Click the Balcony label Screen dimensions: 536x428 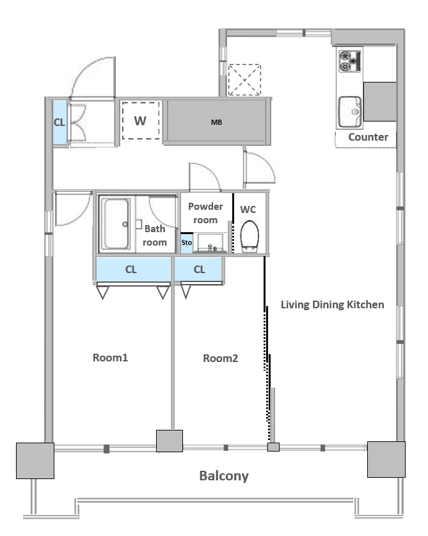tap(223, 476)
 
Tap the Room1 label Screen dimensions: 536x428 tap(111, 358)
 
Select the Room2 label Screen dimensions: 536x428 tap(220, 358)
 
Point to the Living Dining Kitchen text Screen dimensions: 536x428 tap(332, 304)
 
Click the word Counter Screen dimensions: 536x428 tap(368, 137)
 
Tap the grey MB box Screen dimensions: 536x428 tap(216, 122)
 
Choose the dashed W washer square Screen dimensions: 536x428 tap(141, 120)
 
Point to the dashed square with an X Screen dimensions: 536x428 tap(244, 80)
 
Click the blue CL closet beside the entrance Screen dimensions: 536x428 tap(59, 122)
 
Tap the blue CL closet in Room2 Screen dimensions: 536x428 tap(199, 270)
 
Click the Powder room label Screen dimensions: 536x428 tap(205, 213)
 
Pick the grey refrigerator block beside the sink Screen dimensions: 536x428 tap(380, 101)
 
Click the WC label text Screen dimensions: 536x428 tap(248, 209)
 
